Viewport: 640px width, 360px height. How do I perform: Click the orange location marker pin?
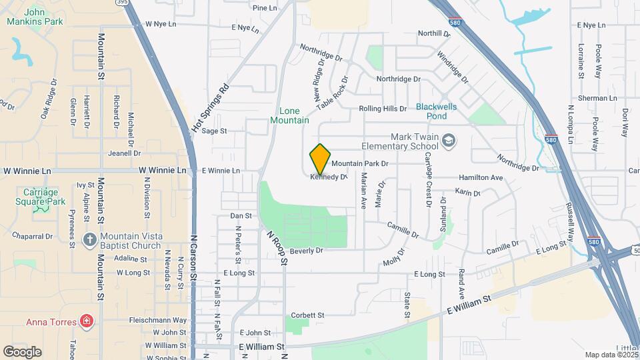[320, 159]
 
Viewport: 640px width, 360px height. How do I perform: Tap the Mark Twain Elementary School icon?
[449, 139]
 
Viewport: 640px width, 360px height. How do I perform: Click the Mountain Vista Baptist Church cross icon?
[90, 239]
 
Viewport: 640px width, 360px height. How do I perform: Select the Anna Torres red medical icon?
[86, 322]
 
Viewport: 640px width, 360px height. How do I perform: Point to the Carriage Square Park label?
[41, 197]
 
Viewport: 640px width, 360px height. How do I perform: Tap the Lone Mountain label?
[289, 115]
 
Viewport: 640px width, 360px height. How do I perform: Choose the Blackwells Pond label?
[441, 111]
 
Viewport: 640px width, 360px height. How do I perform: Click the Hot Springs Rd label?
[210, 107]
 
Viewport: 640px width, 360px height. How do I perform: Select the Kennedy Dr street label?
[329, 177]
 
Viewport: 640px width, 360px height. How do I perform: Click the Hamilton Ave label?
[480, 178]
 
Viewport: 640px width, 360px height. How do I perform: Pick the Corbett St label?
[307, 315]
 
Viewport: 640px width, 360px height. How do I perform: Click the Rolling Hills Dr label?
[382, 109]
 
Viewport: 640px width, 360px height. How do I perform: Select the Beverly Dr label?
[306, 251]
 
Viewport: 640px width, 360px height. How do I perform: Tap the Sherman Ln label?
[597, 98]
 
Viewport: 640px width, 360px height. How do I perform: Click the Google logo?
[22, 351]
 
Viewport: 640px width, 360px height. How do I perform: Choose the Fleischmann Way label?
[158, 321]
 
